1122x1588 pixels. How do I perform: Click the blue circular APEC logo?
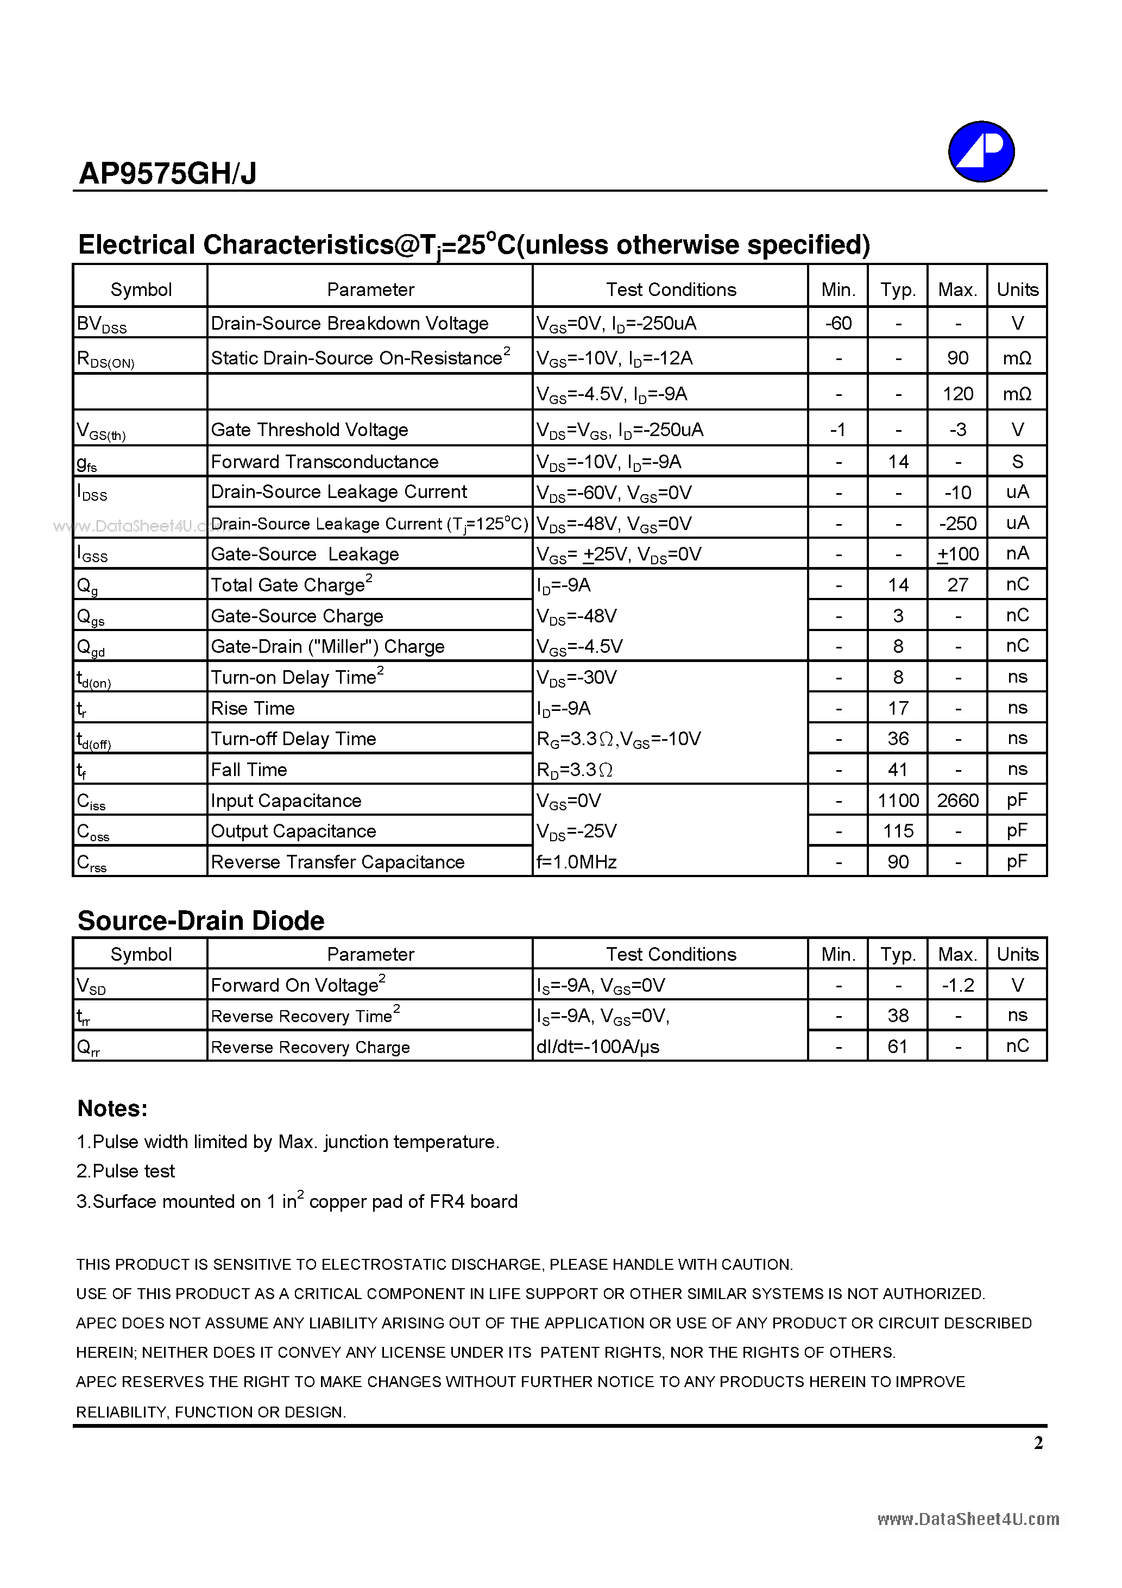(980, 152)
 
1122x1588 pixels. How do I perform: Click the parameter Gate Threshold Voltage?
(309, 430)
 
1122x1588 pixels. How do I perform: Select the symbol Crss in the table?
(92, 863)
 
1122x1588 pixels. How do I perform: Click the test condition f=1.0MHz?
(576, 862)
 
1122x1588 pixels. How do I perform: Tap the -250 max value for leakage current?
(957, 524)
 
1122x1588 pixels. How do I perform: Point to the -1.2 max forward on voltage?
(957, 985)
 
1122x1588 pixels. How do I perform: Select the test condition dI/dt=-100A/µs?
(598, 1047)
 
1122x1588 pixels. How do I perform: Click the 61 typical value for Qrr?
(897, 1047)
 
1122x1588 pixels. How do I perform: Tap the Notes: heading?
(112, 1108)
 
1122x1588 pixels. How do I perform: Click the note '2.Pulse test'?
(125, 1171)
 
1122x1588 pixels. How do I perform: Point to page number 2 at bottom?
(1038, 1443)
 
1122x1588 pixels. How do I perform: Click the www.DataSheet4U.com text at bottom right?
(968, 1520)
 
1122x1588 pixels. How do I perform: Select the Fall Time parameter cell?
(249, 770)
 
